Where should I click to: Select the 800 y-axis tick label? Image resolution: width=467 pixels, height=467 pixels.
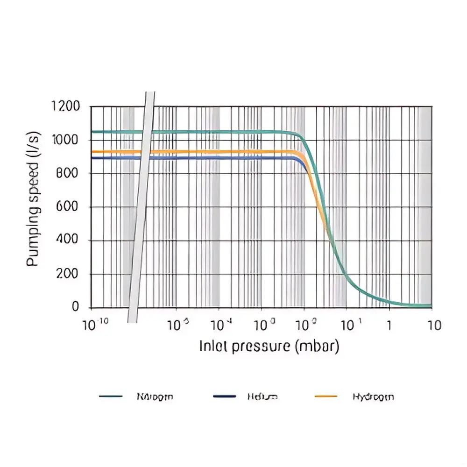click(68, 174)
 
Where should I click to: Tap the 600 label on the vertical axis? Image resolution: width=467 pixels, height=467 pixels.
click(68, 207)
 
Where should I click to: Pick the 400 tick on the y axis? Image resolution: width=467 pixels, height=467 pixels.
click(68, 241)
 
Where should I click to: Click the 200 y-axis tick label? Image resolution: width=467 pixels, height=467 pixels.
click(68, 274)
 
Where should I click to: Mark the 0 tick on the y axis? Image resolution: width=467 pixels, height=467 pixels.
click(76, 307)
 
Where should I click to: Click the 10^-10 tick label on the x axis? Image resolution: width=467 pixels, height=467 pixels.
click(95, 325)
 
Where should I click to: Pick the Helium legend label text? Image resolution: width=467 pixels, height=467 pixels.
click(262, 397)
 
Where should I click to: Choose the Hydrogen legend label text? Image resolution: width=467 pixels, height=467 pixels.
click(373, 397)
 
